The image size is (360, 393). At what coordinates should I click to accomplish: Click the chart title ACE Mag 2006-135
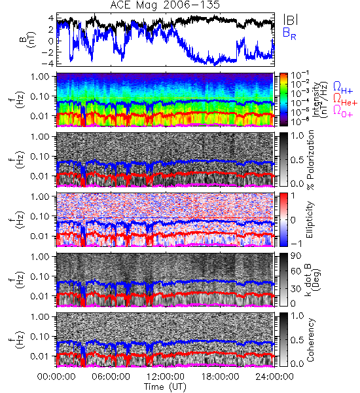coord(165,5)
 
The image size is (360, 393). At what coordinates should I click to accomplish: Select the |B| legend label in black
coord(291,20)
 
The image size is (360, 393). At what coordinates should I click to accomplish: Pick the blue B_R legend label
coord(289,33)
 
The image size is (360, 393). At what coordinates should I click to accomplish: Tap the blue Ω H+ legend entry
coord(343,88)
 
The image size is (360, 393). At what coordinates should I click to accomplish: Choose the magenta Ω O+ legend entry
coord(343,111)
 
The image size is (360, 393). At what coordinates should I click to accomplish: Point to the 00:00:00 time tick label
coord(56,377)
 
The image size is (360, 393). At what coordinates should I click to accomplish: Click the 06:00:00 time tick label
coord(111,377)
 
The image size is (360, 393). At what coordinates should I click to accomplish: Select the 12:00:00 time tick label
coord(166,377)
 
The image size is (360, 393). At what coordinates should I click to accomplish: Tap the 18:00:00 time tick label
coord(220,377)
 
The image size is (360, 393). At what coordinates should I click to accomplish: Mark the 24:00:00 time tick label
coord(274,377)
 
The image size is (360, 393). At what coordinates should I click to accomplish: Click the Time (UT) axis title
coord(166,387)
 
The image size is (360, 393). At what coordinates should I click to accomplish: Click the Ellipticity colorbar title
coord(310,220)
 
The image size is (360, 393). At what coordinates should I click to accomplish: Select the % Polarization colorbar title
coord(310,160)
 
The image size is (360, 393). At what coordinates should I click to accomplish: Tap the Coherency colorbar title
coord(310,340)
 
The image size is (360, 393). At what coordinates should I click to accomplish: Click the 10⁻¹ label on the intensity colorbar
coord(297,75)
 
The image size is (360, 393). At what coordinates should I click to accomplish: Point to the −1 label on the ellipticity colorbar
coord(297,244)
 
